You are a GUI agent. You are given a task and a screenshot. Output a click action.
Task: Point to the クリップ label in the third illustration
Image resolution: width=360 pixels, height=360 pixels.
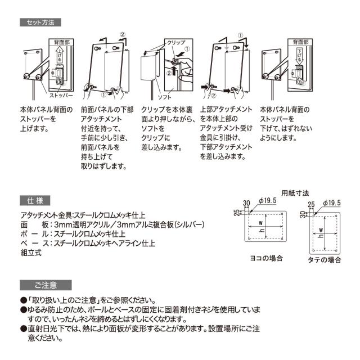coord(176,43)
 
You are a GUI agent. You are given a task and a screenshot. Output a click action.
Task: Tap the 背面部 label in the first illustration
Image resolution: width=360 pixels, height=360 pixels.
coord(62,43)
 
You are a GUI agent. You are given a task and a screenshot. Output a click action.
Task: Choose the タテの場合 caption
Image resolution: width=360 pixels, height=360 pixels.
coord(325,259)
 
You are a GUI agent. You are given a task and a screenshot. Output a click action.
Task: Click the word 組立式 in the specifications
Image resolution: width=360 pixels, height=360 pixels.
coord(30,253)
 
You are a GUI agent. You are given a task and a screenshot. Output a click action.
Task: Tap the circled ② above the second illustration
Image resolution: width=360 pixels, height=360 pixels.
coord(123,34)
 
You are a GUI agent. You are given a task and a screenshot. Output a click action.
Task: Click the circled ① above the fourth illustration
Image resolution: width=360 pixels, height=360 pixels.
coord(241,34)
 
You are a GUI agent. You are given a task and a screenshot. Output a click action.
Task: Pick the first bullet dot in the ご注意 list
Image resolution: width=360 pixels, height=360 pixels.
coord(23,300)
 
